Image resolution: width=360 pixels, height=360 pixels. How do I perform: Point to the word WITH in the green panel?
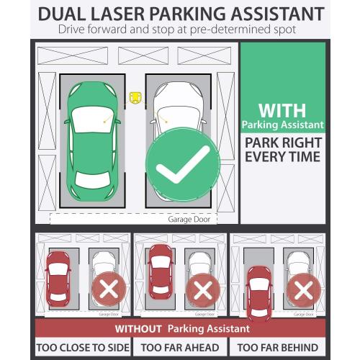(282, 111)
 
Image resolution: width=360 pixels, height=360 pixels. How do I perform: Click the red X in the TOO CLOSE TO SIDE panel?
(109, 290)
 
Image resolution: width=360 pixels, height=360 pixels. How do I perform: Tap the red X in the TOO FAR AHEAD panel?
(204, 290)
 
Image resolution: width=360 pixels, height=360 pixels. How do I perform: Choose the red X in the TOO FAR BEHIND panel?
(303, 290)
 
